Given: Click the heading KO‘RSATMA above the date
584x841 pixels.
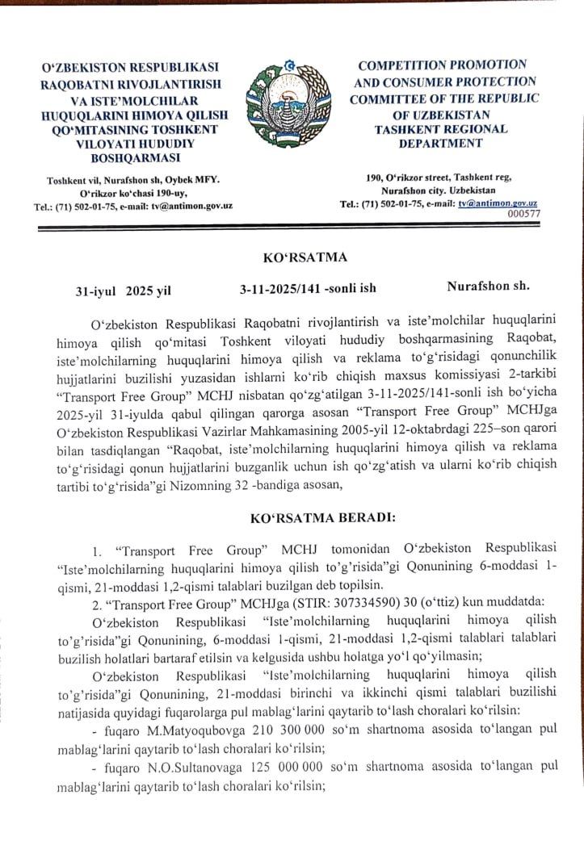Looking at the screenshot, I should click(x=305, y=257).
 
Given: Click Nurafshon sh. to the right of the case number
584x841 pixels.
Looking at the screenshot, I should click(x=489, y=286).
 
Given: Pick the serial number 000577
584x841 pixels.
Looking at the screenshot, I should click(x=523, y=213).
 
